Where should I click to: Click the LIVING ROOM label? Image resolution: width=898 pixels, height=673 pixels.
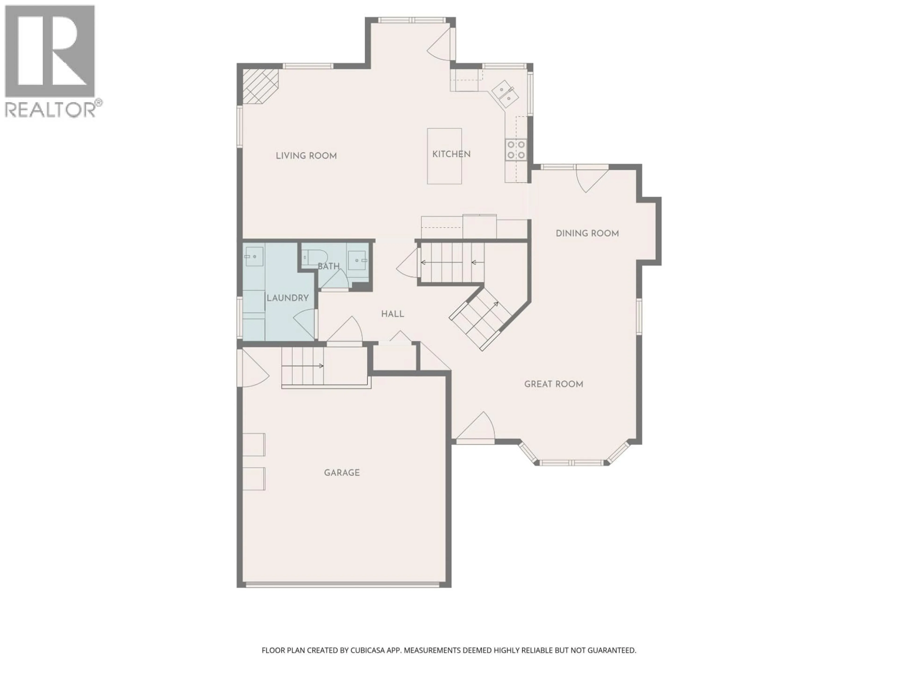click(306, 156)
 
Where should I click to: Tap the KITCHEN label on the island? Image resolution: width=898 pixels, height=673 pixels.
click(451, 154)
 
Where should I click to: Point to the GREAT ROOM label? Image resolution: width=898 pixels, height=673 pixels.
click(553, 384)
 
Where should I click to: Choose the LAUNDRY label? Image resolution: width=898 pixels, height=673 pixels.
click(287, 298)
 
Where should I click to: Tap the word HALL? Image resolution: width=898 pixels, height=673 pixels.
click(392, 314)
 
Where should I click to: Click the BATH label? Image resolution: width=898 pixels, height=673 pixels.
click(328, 267)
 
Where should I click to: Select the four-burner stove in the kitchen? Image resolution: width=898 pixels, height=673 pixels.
click(516, 150)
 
